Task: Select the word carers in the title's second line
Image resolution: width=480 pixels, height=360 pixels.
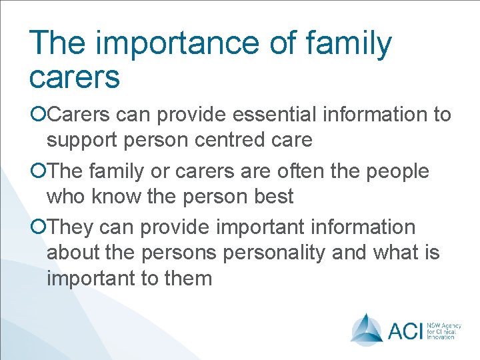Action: [x=75, y=77]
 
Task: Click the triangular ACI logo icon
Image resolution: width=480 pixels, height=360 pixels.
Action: [x=366, y=328]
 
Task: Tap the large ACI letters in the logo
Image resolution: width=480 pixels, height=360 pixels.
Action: [x=404, y=329]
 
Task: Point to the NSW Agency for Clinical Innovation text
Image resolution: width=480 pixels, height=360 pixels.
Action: [x=443, y=329]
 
